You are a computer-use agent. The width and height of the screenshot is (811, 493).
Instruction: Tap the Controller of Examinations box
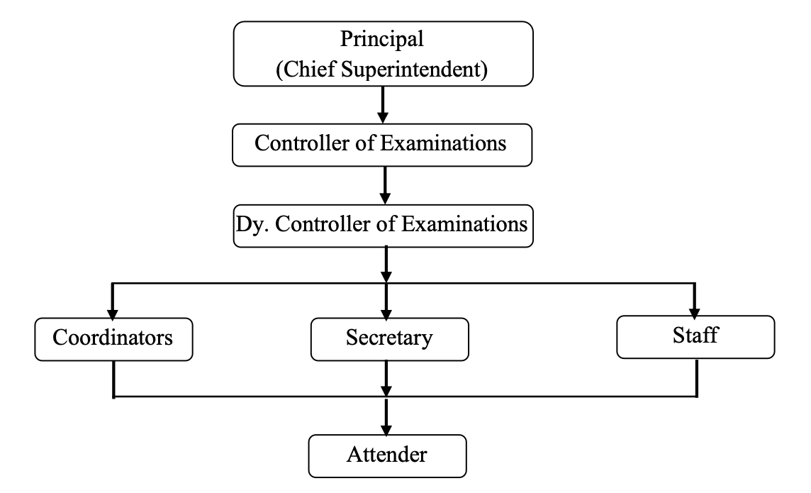381,144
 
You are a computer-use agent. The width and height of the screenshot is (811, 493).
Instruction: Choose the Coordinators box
113,338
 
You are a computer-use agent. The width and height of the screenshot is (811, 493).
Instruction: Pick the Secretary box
388,338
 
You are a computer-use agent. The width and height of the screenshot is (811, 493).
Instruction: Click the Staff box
694,336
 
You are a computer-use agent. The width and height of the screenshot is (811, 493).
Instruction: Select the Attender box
387,454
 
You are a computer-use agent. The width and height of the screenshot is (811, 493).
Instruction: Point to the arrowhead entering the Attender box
386,428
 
